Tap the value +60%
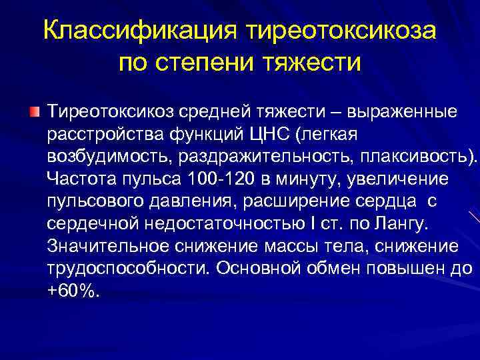click(x=73, y=292)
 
